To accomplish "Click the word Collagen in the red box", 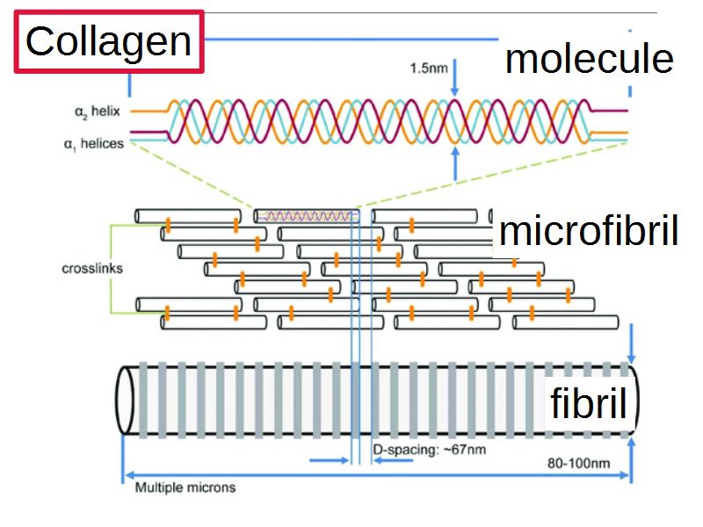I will coord(108,41).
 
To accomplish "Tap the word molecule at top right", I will coord(589,59).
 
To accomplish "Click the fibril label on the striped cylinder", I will coord(588,404).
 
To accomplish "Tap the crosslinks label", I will coord(92,268).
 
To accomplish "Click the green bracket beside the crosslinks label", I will coord(111,268).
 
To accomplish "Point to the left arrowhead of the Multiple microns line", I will coord(126,475).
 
